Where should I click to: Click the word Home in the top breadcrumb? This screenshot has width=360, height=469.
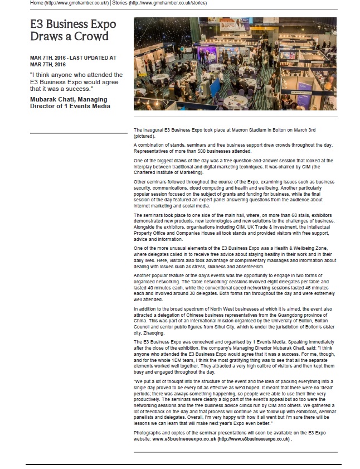point(37,3)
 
